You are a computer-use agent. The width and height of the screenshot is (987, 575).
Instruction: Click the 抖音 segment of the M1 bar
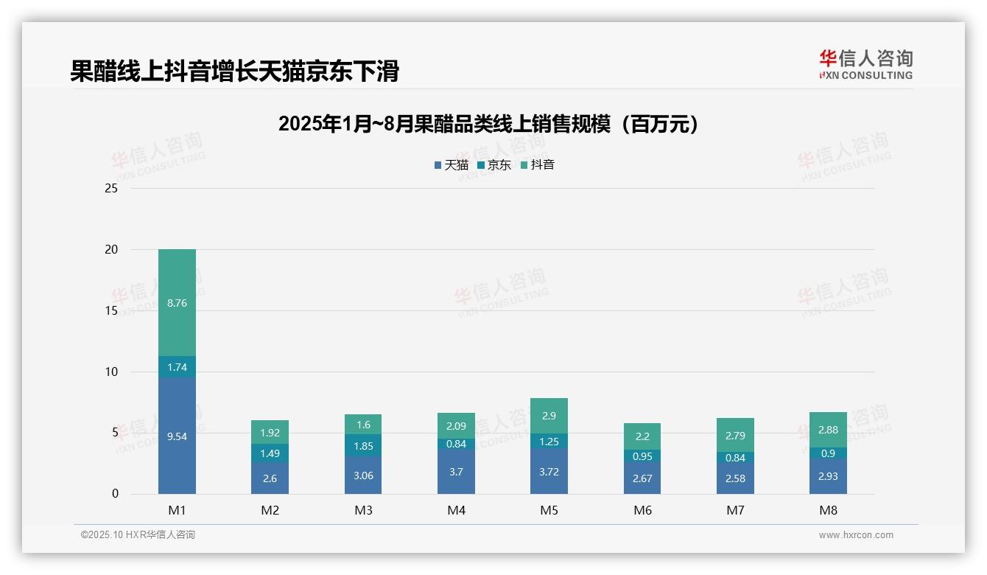click(x=177, y=302)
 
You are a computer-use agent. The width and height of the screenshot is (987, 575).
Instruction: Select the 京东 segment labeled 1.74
click(x=177, y=367)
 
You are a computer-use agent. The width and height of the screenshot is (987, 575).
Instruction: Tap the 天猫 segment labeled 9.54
click(x=177, y=436)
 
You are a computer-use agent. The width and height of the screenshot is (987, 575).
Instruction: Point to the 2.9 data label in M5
click(x=549, y=416)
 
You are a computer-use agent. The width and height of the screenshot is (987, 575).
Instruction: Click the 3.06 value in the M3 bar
click(x=363, y=475)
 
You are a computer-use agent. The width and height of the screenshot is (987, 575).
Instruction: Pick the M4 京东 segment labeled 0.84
click(x=456, y=444)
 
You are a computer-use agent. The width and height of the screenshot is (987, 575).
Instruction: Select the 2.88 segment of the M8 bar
click(x=828, y=430)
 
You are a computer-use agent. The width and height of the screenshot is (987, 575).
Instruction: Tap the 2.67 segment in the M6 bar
click(x=642, y=478)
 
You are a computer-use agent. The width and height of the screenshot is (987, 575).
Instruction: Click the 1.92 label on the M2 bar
click(x=270, y=433)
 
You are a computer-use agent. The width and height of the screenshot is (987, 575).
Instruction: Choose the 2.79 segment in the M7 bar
click(x=735, y=436)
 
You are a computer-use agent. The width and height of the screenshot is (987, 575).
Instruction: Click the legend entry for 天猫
click(x=452, y=165)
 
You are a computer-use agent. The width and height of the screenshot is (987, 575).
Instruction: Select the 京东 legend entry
click(x=494, y=165)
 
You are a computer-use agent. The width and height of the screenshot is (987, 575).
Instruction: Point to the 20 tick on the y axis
click(x=111, y=250)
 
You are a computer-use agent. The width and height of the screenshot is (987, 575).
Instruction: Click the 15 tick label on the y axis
click(x=111, y=311)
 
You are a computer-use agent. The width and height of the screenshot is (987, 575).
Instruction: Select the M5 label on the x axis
click(x=549, y=510)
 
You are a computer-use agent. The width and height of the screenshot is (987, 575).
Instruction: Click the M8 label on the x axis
click(x=828, y=510)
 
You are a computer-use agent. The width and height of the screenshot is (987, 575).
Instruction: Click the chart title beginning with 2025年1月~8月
click(x=488, y=125)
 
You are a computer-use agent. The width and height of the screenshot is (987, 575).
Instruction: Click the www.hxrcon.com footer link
click(x=856, y=535)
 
